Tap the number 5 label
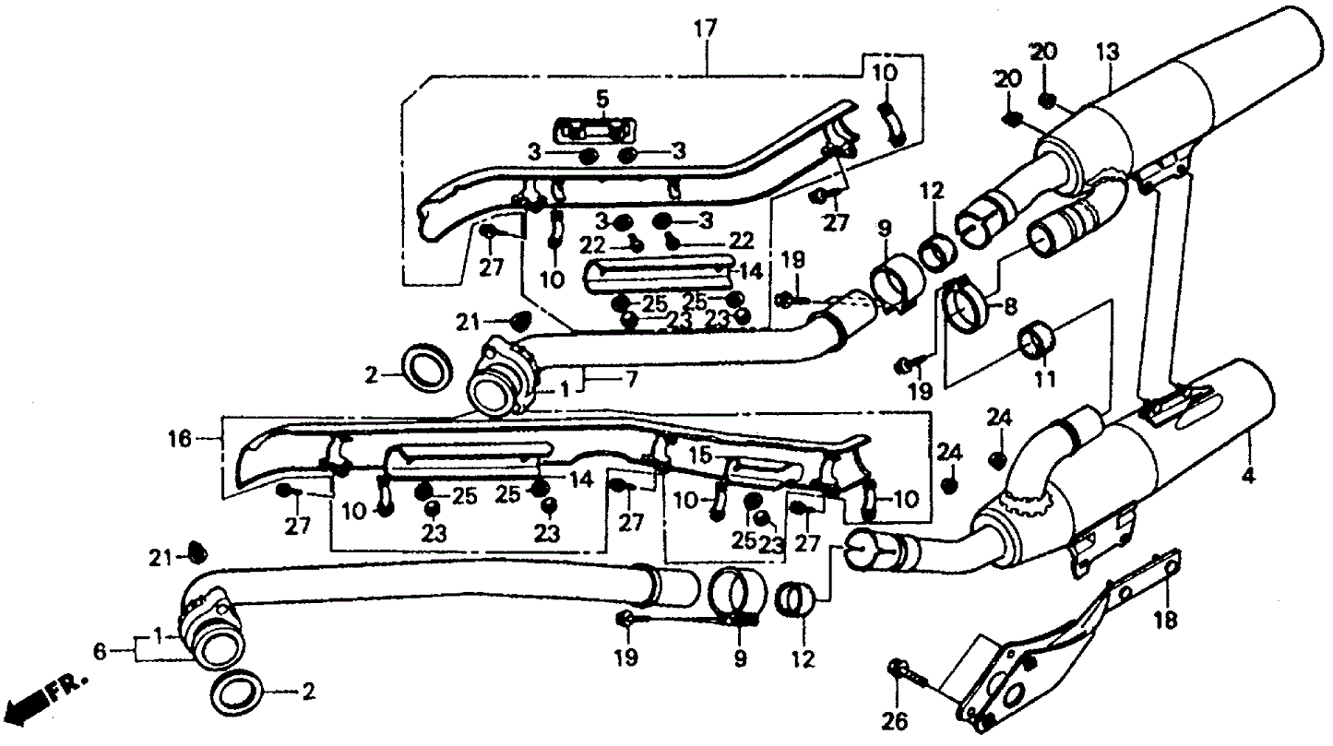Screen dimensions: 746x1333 point(601,98)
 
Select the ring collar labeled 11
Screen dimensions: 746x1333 point(1035,339)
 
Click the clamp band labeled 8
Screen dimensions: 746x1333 point(967,304)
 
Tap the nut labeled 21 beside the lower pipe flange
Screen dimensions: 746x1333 point(195,552)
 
